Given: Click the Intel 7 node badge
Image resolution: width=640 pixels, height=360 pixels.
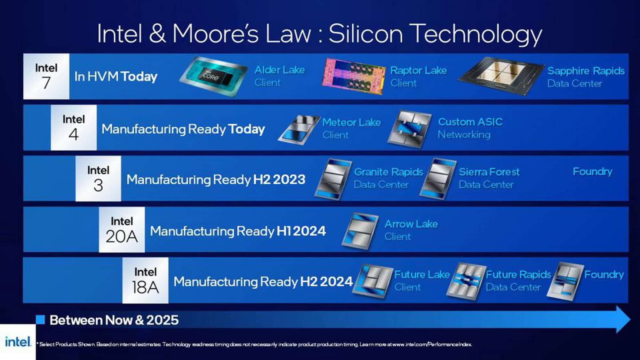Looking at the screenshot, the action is point(46,76).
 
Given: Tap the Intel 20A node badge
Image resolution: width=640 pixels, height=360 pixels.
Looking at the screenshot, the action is point(122,229).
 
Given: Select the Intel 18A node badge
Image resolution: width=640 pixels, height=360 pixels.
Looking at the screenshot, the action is point(145,280).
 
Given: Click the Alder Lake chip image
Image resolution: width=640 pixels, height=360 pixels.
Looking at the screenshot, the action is point(213,76).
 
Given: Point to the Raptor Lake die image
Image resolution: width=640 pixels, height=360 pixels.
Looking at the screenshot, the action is point(353,76).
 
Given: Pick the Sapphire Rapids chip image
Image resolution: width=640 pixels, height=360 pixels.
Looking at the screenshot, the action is point(501,77).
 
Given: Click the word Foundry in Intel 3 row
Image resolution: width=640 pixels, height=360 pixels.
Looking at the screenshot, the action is point(592,172).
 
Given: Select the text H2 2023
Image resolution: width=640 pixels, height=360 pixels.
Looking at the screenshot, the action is point(279,180).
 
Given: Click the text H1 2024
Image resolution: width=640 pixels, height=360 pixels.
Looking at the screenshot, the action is point(301,231).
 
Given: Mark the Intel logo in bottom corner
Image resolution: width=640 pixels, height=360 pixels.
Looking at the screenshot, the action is point(18,342).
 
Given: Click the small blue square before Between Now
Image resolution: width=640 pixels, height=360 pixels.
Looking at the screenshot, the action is point(40,320).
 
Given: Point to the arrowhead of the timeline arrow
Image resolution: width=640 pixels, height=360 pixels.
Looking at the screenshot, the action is point(623,319).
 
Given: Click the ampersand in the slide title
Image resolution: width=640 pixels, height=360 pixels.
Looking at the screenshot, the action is point(157,33).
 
